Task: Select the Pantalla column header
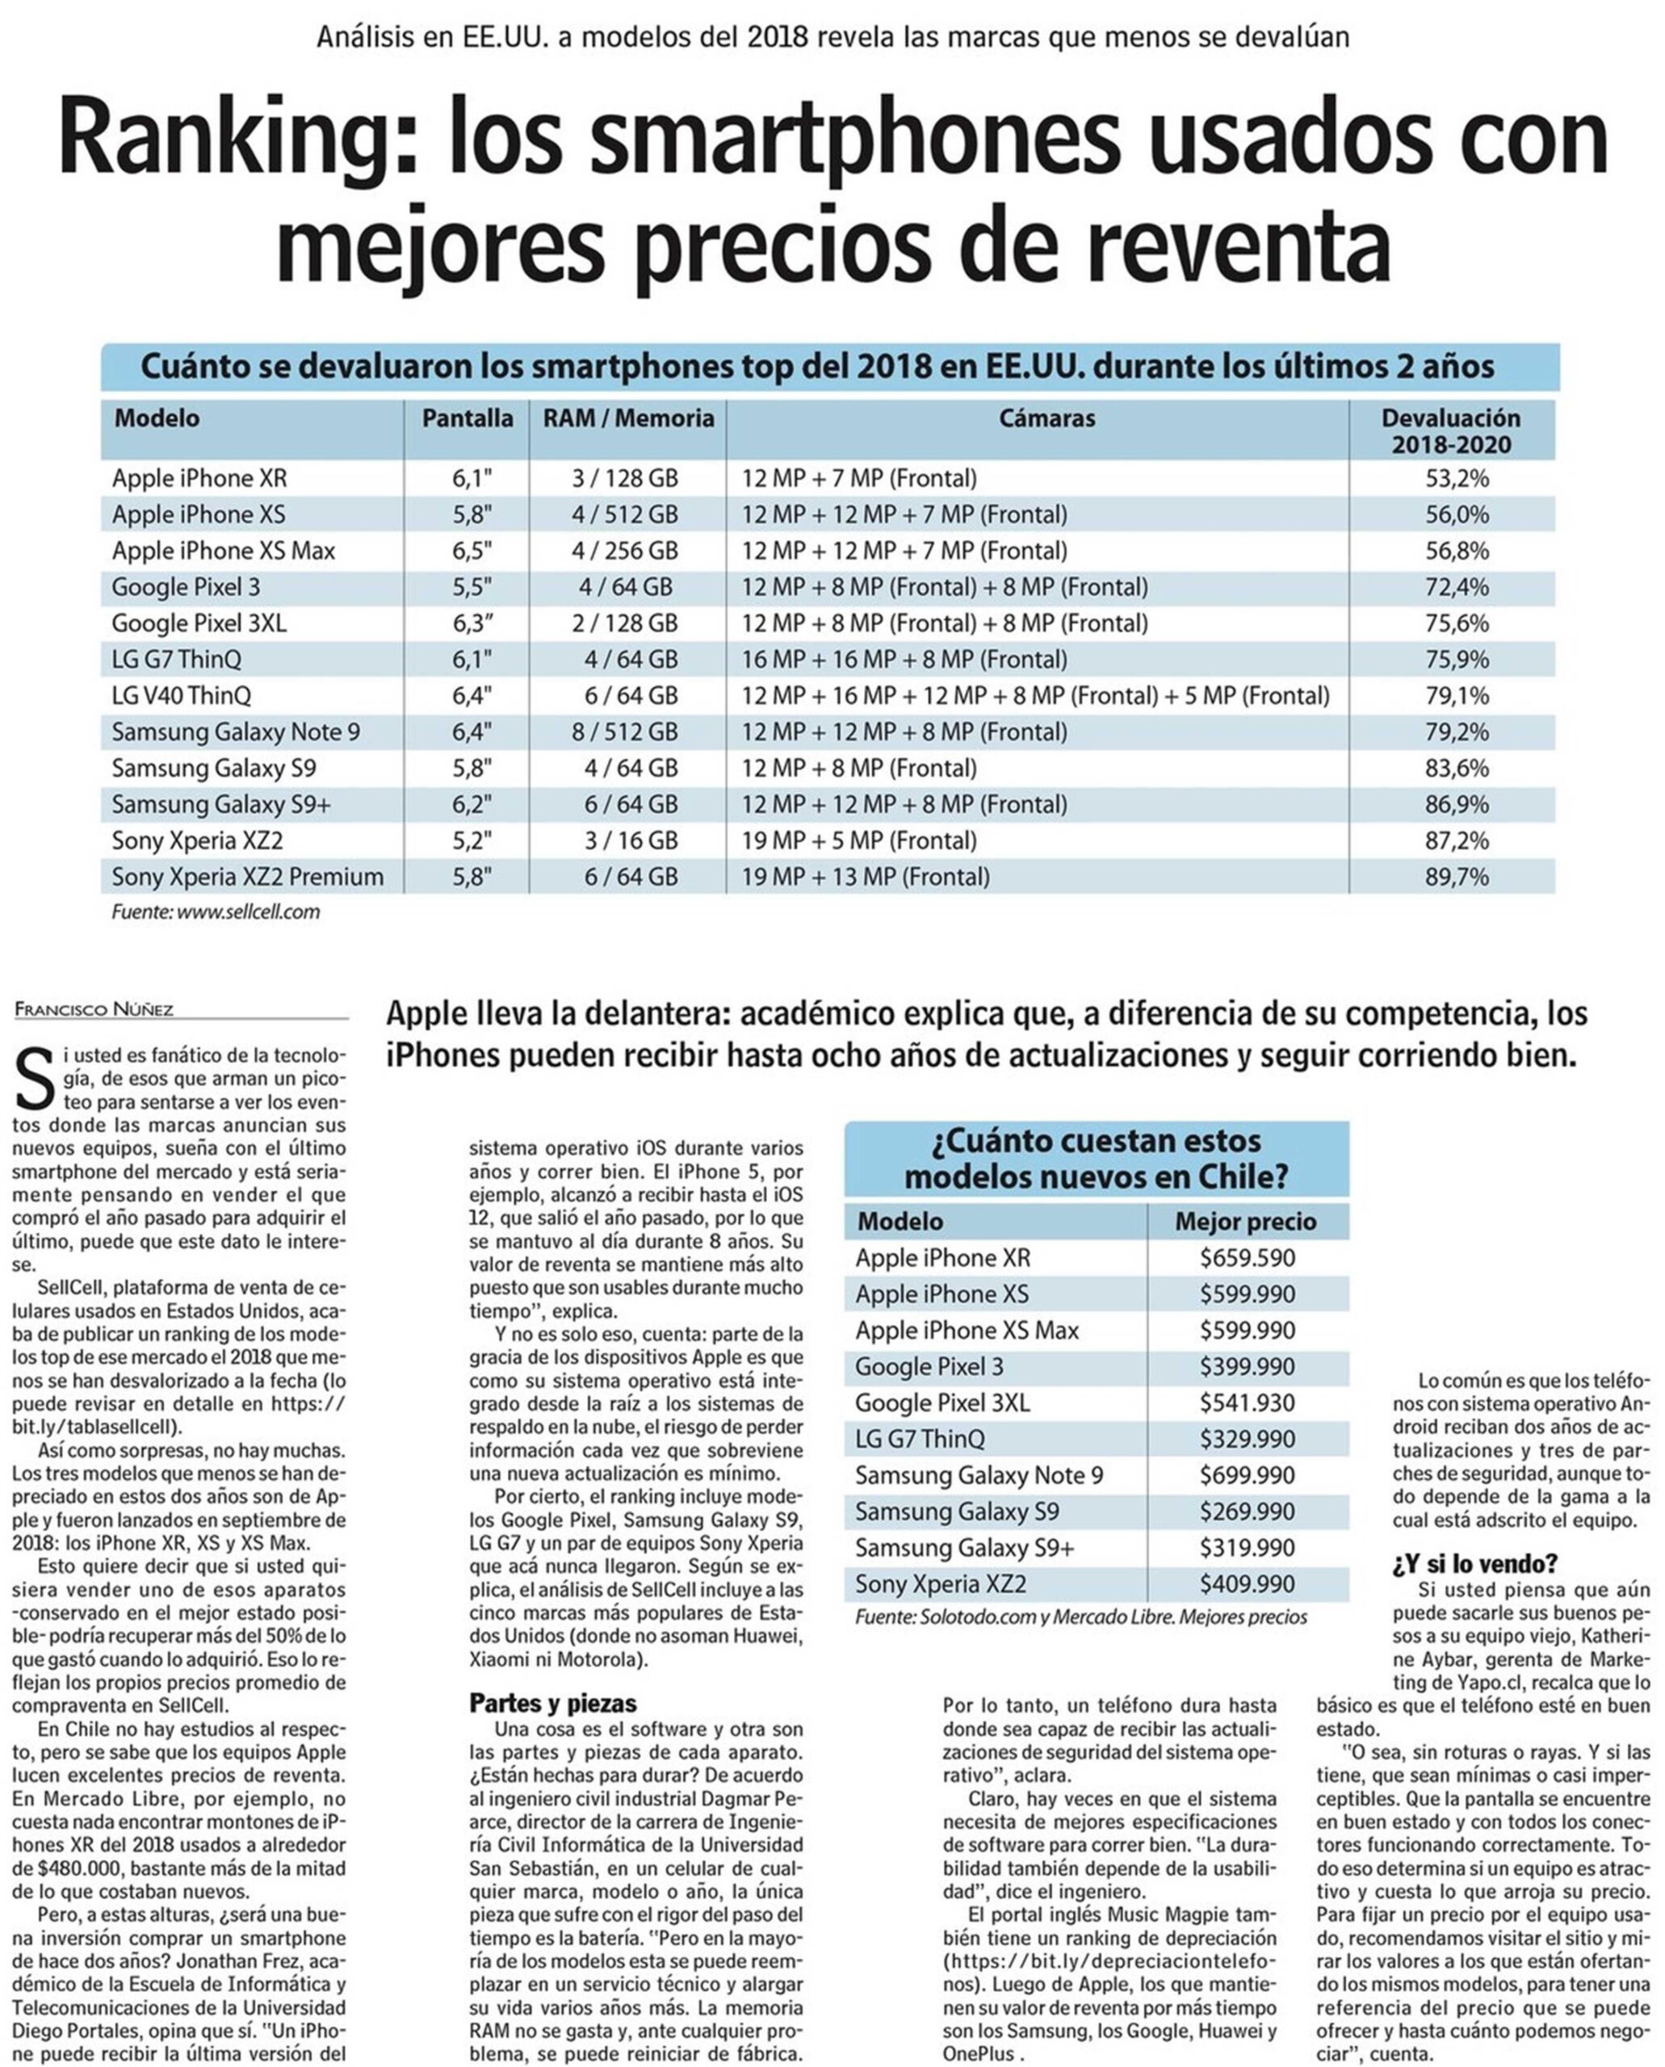point(467,418)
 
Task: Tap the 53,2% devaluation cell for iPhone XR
point(1456,478)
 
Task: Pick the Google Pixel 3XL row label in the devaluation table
point(199,623)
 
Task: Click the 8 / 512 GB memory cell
point(624,732)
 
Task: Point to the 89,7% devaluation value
point(1456,877)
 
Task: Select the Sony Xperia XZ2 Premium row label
point(247,877)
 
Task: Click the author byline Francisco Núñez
point(94,1009)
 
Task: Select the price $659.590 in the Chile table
point(1247,1257)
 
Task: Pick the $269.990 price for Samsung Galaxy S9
point(1247,1511)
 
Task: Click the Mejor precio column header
point(1245,1221)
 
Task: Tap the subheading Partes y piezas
point(552,1704)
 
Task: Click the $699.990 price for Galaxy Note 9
point(1247,1475)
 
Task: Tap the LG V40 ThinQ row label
point(181,695)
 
